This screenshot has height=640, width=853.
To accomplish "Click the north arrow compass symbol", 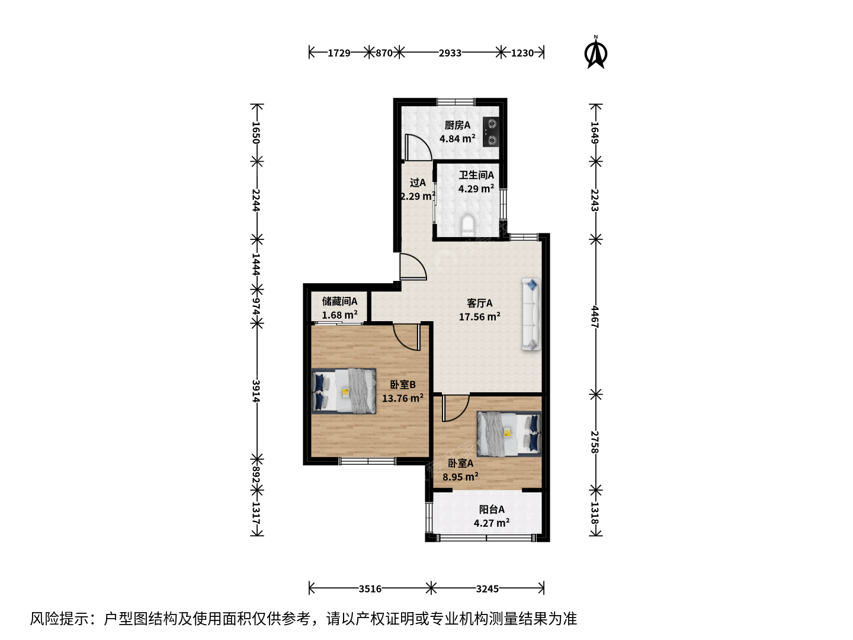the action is [595, 53].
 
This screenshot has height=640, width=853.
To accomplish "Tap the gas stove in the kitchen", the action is [491, 132].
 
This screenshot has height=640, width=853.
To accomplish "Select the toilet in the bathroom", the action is [468, 226].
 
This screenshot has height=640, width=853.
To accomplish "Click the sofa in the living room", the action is [531, 314].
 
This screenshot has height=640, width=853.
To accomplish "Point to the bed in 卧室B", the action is [344, 391].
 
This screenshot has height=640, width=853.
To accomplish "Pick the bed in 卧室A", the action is [509, 434].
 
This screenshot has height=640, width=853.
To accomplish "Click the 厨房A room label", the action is [457, 125].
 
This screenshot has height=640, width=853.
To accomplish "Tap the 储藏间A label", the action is [339, 301].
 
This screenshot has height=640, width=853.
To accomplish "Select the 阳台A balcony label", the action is [491, 509].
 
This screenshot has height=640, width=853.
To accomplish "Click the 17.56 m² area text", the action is [479, 316].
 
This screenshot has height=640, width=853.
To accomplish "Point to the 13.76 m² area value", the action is [403, 398].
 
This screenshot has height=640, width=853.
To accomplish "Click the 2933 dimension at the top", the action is [450, 53].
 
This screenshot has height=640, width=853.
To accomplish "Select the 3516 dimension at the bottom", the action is [370, 588].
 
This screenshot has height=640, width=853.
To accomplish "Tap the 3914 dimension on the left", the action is [256, 391].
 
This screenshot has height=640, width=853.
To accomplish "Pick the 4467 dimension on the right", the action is [595, 316].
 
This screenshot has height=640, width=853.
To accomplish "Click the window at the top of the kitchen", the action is [456, 102].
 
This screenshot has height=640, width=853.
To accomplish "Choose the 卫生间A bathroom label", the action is [476, 175].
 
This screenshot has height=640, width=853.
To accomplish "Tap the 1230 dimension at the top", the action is [522, 53].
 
